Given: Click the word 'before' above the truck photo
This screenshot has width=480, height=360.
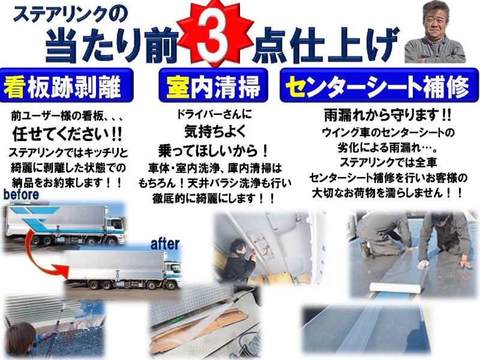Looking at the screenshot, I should coord(21,195).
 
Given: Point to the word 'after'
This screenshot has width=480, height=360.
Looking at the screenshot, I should coord(164,244).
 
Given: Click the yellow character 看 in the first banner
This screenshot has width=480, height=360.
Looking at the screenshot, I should coord(15,87).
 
